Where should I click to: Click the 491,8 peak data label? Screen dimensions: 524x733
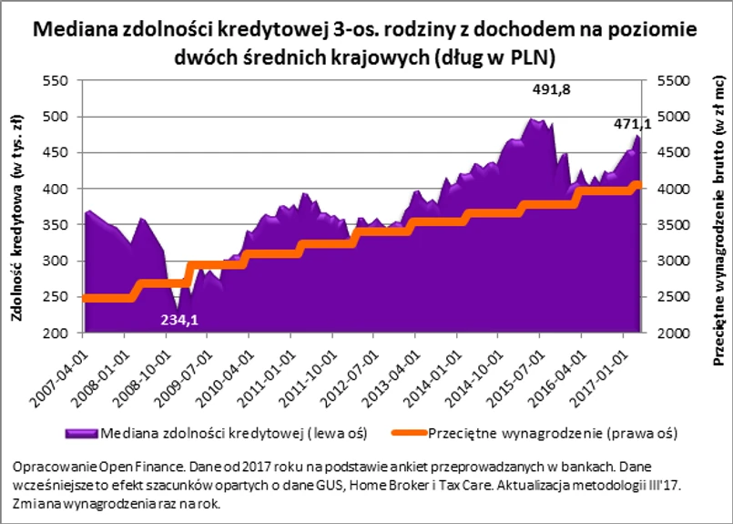tap(555, 91)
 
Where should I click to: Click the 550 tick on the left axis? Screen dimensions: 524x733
tap(56, 80)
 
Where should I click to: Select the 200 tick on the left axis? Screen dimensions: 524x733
tap(56, 334)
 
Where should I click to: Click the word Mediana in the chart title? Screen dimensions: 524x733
tap(76, 30)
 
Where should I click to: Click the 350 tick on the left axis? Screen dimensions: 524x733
tap(56, 225)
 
